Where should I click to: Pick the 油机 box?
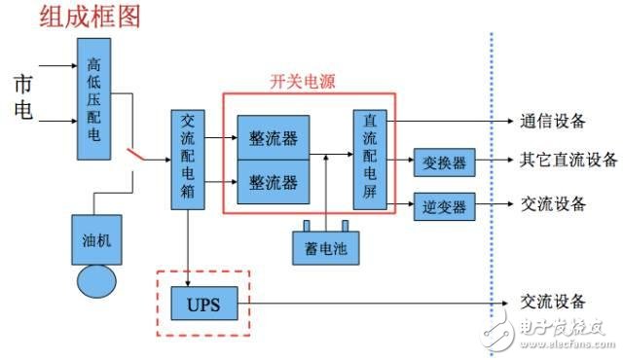(x=94, y=239)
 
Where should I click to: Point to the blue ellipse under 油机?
(x=94, y=280)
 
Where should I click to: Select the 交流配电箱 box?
(x=187, y=156)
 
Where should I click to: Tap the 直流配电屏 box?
(x=369, y=159)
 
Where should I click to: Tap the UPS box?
(x=203, y=305)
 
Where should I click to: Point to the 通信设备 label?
(x=552, y=121)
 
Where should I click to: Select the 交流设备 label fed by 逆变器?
(x=553, y=204)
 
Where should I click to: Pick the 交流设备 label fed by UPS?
(x=552, y=301)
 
